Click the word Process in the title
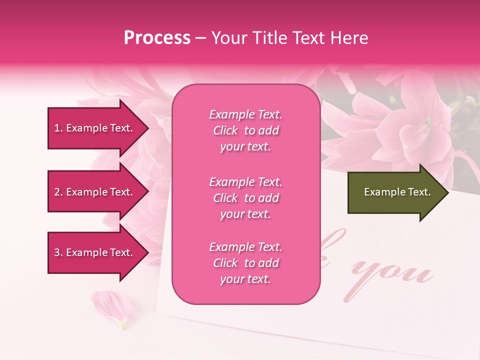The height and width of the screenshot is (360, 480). (x=157, y=38)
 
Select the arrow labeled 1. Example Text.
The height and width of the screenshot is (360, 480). (x=95, y=128)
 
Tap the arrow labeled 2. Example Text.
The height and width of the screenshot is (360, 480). (x=95, y=192)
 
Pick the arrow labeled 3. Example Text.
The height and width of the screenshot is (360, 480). (x=95, y=252)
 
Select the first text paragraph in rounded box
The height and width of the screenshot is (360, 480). (x=245, y=130)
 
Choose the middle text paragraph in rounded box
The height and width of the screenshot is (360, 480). (x=245, y=198)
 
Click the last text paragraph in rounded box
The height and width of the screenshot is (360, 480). (x=245, y=263)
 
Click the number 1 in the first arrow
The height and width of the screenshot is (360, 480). (x=57, y=128)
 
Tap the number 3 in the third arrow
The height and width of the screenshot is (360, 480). (x=57, y=252)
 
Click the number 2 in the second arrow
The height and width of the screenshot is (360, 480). (x=57, y=192)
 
